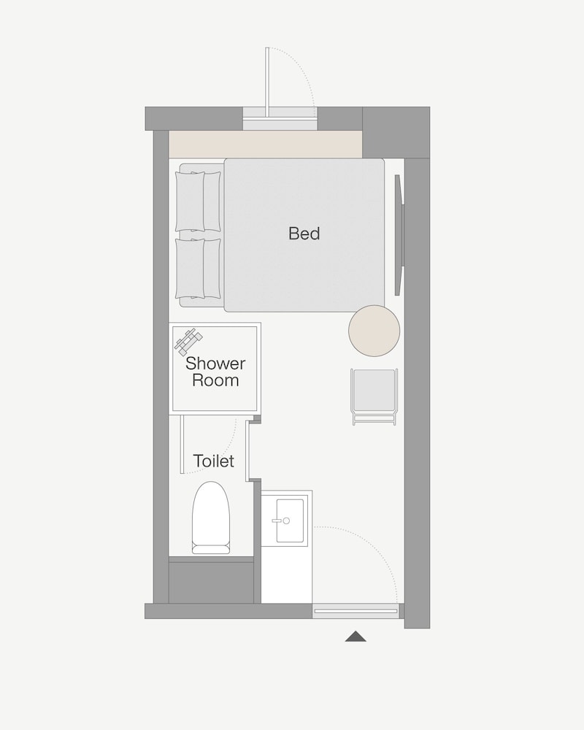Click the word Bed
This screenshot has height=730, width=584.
pos(304,234)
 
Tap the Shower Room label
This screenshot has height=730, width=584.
pos(215,372)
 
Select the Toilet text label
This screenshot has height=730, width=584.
pos(213,461)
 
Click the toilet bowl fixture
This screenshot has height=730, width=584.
pos(211,518)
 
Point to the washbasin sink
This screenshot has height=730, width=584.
pos(290,520)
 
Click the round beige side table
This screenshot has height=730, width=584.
pos(374,331)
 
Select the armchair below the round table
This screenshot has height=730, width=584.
pos(374,396)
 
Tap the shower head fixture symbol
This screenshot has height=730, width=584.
pos(188,340)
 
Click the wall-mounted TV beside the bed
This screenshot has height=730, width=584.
pos(399,234)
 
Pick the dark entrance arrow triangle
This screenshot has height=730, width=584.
pos(356,637)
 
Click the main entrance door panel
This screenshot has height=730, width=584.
pos(356,611)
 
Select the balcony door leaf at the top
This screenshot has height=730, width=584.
pos(267,81)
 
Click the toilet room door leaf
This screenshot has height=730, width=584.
pos(182,444)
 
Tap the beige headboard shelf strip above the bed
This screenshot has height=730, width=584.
pos(266,145)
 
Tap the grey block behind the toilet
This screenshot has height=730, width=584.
pos(211,583)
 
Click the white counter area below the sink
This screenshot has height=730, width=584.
pos(286,575)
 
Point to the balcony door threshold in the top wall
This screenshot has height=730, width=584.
pos(280,119)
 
